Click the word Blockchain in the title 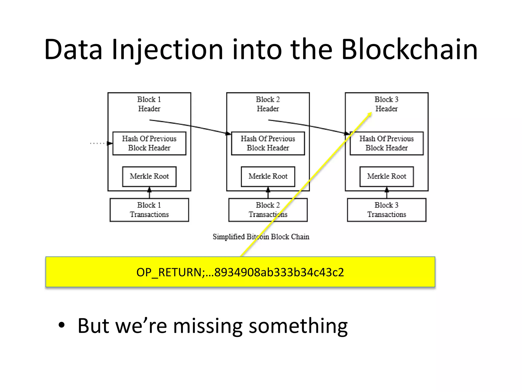click(409, 50)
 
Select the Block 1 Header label click(149, 104)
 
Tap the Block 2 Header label click(268, 104)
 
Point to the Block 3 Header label click(386, 104)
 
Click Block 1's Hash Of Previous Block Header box click(149, 143)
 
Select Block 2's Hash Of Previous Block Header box click(268, 143)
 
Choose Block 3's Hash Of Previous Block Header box click(386, 143)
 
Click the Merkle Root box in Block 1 click(149, 176)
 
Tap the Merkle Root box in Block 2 click(268, 176)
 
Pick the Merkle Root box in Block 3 click(386, 176)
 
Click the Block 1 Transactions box click(149, 210)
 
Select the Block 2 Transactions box click(268, 210)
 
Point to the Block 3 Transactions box click(386, 210)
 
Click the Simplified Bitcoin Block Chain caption click(261, 237)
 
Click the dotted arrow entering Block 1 click(101, 143)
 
